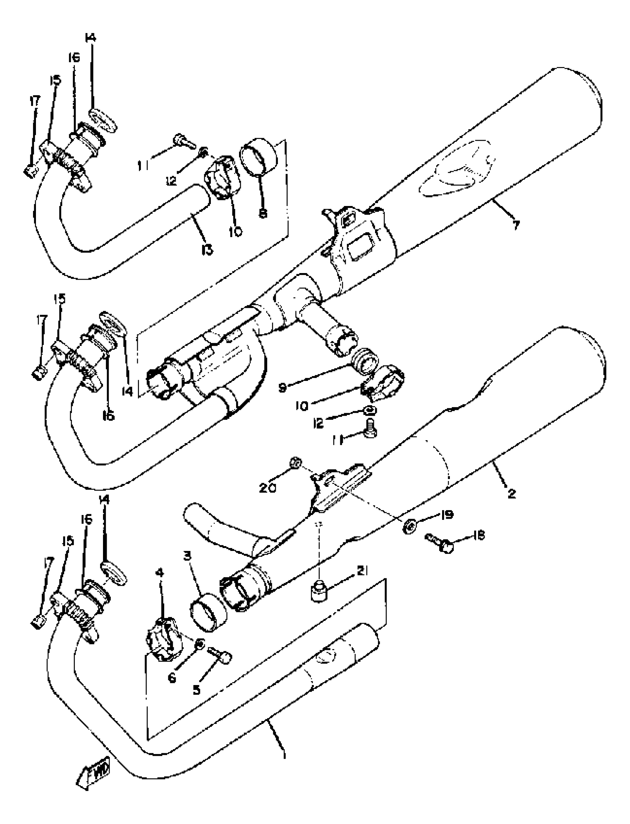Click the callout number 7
pos(516,225)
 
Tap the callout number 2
pos(511,494)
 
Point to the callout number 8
pos(263,213)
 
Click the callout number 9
pos(282,388)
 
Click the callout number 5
pos(197,690)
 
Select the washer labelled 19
pos(409,528)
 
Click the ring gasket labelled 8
pos(258,157)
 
